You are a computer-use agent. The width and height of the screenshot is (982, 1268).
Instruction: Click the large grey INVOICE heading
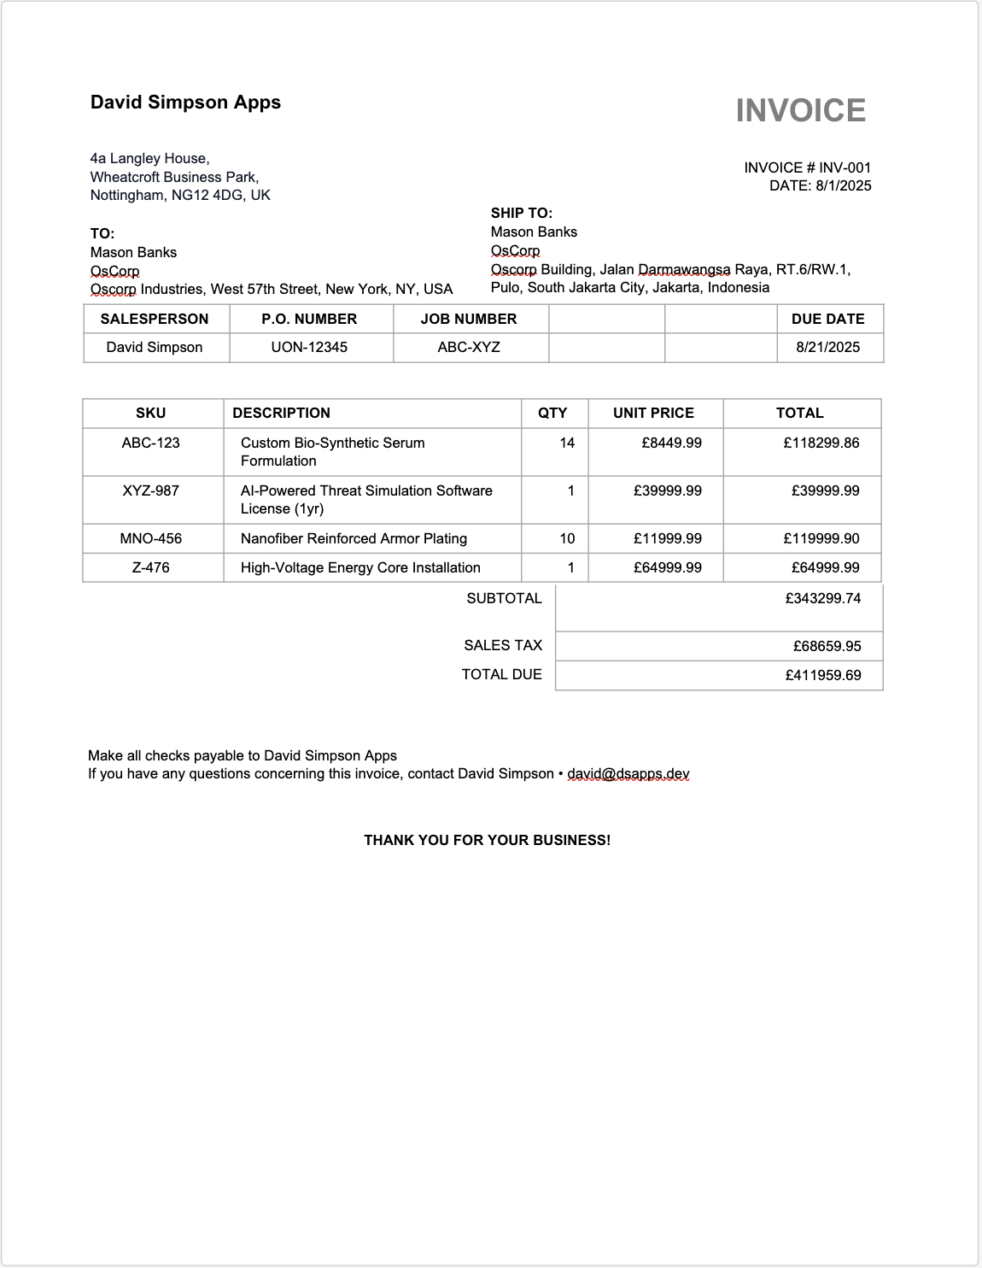tap(800, 110)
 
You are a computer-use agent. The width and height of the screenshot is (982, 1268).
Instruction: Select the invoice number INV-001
tap(845, 167)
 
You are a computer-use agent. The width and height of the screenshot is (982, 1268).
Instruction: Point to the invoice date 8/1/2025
tap(844, 185)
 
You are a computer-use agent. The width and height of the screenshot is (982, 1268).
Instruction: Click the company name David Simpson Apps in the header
tap(185, 103)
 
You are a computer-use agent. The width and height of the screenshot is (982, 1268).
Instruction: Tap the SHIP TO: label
tap(521, 213)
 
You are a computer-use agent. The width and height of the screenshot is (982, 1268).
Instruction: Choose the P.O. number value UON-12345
tap(309, 347)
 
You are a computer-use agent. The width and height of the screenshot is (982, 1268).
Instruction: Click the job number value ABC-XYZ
tap(469, 347)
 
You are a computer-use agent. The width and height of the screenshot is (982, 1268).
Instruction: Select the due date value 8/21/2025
tap(827, 347)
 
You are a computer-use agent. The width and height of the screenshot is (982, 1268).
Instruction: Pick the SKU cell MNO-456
tap(151, 538)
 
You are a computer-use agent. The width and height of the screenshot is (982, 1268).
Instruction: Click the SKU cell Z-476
tap(151, 567)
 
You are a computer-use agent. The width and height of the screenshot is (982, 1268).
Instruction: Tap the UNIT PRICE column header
tap(653, 413)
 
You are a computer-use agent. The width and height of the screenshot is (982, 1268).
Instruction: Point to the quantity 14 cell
tap(567, 443)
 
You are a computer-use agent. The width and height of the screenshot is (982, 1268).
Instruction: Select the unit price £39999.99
tap(668, 490)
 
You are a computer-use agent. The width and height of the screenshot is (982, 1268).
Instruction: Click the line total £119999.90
tap(821, 538)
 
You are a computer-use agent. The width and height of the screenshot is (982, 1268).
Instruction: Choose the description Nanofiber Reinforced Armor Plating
tap(354, 538)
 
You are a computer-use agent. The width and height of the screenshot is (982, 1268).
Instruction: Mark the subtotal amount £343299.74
tap(823, 598)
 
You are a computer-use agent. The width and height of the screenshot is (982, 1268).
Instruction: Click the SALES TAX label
tap(503, 645)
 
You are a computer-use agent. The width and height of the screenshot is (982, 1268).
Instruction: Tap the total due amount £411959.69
tap(823, 675)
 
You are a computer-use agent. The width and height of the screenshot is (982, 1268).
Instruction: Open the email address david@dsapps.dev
tap(628, 773)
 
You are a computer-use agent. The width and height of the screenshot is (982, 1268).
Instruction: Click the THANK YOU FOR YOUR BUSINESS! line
tap(487, 840)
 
